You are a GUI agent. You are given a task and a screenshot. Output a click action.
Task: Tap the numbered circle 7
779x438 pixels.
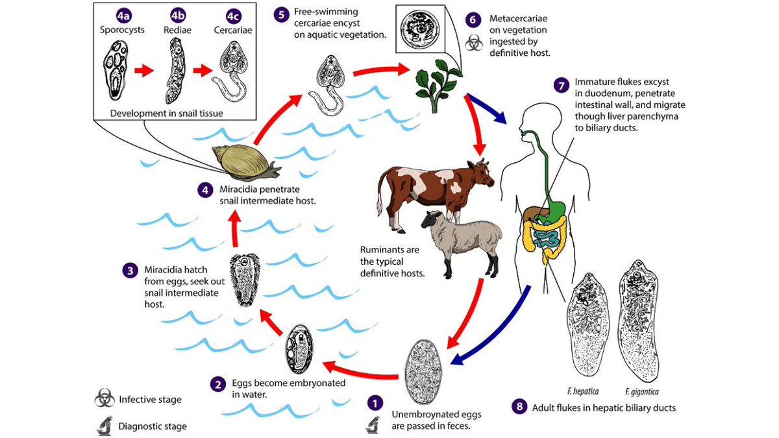click(562, 85)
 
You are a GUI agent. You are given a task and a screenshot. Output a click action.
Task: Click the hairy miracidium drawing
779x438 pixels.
click(247, 280)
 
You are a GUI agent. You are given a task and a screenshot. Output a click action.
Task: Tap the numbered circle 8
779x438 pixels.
click(518, 408)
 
